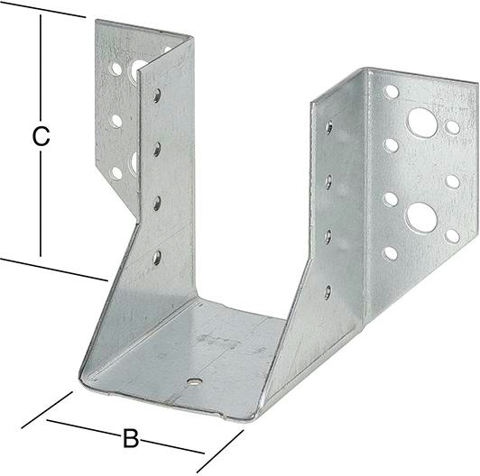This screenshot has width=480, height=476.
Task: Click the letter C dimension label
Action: coord(41,137)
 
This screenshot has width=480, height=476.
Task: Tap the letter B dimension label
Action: coord(131,438)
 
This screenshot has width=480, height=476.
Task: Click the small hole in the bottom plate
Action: coord(195,381)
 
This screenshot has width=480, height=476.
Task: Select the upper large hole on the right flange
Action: coord(422,123)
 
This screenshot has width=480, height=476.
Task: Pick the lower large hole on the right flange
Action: coord(421,217)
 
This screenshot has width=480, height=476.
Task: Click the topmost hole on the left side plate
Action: coord(157,96)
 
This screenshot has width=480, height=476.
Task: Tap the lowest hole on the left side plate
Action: coord(157,258)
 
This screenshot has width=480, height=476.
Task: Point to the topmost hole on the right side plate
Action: coord(329,127)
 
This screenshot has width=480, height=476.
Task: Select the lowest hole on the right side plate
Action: coord(328,292)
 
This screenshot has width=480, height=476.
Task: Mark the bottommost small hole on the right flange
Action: coord(390,253)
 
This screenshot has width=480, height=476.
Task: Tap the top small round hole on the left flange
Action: coord(116,69)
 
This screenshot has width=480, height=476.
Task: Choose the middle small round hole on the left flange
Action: coord(116,121)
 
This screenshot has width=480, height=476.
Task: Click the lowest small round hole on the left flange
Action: coord(116,173)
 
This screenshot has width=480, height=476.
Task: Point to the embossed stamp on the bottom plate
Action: coord(218,341)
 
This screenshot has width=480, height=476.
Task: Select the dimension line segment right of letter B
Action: coord(173,446)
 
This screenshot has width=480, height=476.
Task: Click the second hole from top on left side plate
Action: coord(157,150)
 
